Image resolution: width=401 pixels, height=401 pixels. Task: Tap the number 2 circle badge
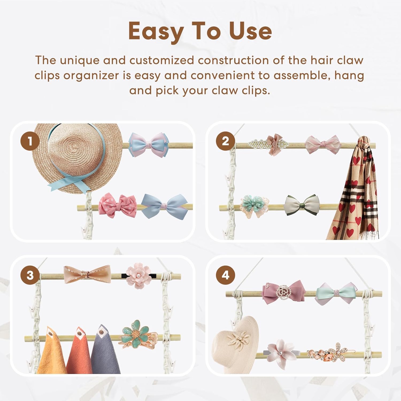(226, 141)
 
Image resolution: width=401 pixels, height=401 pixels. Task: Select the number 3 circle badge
(30, 275)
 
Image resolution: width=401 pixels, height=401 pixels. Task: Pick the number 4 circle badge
(226, 275)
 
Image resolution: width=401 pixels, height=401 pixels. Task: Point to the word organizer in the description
(91, 76)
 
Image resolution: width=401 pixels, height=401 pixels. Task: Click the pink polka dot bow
(117, 206)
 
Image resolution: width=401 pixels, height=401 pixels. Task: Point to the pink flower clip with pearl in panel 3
(138, 276)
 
